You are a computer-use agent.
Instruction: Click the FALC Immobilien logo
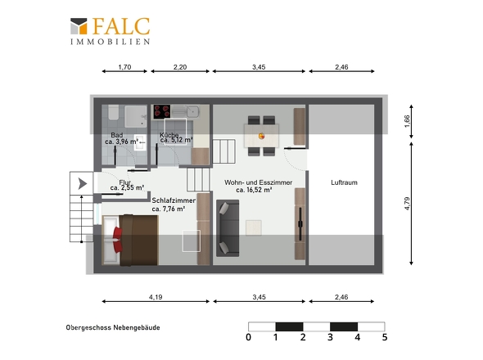click(x=110, y=31)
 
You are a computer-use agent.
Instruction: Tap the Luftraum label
click(x=344, y=182)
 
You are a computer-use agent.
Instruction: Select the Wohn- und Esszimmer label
click(x=258, y=182)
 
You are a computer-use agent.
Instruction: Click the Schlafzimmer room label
click(x=174, y=200)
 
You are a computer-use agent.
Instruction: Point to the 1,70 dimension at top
click(x=124, y=67)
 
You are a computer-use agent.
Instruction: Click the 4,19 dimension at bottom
click(x=156, y=297)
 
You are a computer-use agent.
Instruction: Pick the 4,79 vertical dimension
click(x=407, y=203)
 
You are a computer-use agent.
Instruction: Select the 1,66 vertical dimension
click(x=407, y=121)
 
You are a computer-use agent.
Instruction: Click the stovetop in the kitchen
click(x=162, y=111)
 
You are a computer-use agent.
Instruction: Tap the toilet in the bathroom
click(x=113, y=112)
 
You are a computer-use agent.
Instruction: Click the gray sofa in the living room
click(x=228, y=228)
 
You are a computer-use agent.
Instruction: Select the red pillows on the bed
click(x=117, y=240)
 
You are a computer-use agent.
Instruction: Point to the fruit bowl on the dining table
click(x=261, y=136)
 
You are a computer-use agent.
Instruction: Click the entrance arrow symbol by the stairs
click(x=82, y=183)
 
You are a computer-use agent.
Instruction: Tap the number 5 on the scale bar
click(x=385, y=337)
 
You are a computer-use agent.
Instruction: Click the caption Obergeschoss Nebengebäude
click(x=113, y=327)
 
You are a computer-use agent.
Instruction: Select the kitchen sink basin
click(x=193, y=111)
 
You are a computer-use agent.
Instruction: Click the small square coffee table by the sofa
click(x=254, y=227)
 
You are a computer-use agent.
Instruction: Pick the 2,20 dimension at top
click(x=180, y=67)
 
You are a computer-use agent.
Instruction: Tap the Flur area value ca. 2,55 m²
click(x=127, y=187)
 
